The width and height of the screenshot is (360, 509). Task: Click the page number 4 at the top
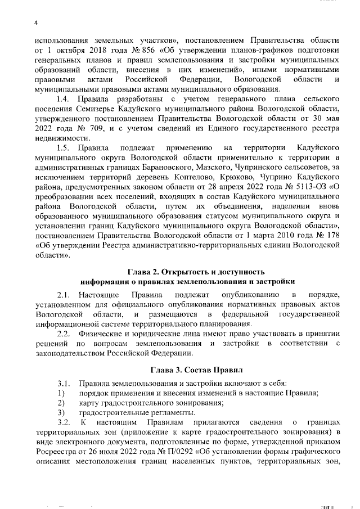(x=34, y=22)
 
